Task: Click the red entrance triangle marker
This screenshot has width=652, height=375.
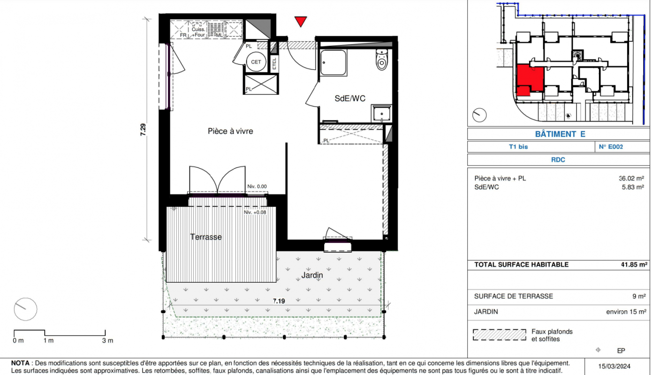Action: (300, 22)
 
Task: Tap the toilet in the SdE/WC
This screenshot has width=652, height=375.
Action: (382, 60)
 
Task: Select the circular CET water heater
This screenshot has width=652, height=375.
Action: (256, 62)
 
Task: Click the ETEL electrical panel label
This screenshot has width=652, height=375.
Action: (274, 63)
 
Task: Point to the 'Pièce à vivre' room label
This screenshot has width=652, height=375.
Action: (230, 131)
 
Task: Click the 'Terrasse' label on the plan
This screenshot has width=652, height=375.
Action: (206, 237)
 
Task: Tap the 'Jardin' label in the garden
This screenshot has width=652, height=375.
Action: (312, 275)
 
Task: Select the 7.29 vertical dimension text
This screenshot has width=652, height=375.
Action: (143, 130)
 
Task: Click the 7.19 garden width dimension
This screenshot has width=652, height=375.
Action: (279, 301)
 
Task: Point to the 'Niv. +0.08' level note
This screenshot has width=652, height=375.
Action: (255, 212)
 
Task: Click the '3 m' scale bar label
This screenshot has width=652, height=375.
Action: (107, 340)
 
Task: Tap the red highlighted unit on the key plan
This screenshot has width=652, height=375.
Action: (530, 80)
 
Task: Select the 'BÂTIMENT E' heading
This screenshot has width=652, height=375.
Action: (560, 134)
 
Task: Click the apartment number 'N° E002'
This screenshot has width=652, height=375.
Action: (611, 147)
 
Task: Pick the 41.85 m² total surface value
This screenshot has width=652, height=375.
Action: (634, 264)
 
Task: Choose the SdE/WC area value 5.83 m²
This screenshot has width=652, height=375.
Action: (633, 187)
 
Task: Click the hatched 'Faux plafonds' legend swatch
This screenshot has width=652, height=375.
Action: (500, 335)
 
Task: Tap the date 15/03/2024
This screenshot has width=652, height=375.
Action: (614, 366)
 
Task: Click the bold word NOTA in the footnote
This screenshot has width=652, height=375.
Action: (20, 363)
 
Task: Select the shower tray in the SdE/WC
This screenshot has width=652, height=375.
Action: (334, 62)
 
